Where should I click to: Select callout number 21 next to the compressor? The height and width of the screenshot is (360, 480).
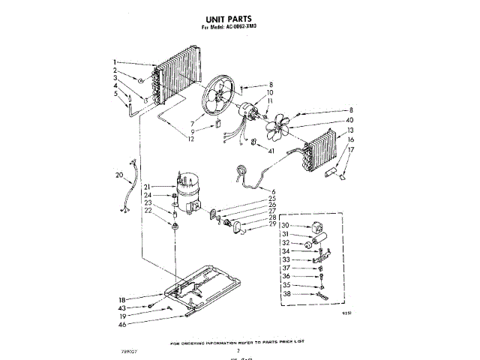pyautogui.click(x=148, y=187)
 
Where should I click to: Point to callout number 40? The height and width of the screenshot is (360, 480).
pyautogui.click(x=349, y=121)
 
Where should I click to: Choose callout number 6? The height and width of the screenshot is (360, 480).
pyautogui.click(x=274, y=192)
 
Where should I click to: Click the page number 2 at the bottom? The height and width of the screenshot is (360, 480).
pyautogui.click(x=238, y=349)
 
